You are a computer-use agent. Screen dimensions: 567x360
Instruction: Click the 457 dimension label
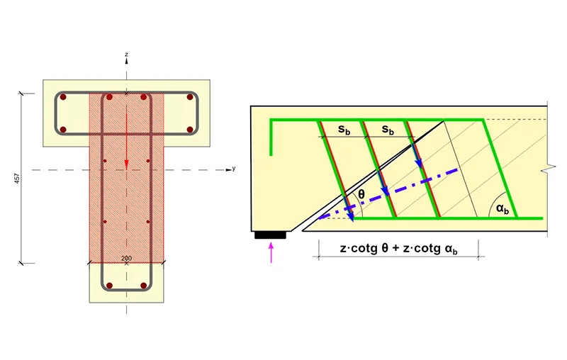[17, 178]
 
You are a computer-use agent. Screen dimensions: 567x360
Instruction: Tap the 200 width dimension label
[127, 258]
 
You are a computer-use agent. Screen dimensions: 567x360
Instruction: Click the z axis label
[127, 55]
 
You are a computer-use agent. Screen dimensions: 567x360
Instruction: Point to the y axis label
[234, 169]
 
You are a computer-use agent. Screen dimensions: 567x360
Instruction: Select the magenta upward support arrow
[271, 253]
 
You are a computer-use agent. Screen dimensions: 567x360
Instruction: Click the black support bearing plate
[271, 235]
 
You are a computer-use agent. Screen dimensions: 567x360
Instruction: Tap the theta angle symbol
[361, 194]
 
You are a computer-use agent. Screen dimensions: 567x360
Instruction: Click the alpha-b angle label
[503, 208]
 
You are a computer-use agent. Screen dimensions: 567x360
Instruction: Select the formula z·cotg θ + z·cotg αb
[398, 249]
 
